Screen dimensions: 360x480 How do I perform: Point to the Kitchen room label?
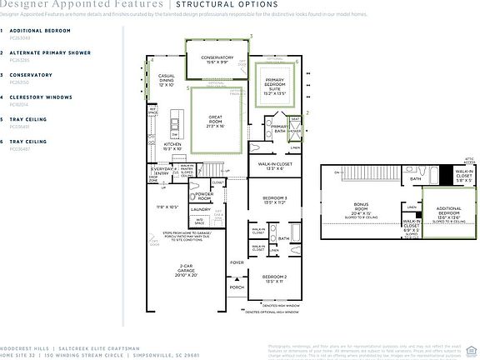click(x=172, y=147)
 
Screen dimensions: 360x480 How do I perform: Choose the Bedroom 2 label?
click(x=274, y=278)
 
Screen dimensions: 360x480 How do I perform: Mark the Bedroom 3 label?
click(x=274, y=198)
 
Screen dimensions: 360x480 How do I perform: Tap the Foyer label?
click(x=237, y=262)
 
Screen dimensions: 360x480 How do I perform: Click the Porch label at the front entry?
click(x=237, y=288)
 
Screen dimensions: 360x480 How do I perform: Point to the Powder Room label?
click(x=203, y=195)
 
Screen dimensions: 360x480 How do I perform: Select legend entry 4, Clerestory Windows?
click(x=39, y=97)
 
